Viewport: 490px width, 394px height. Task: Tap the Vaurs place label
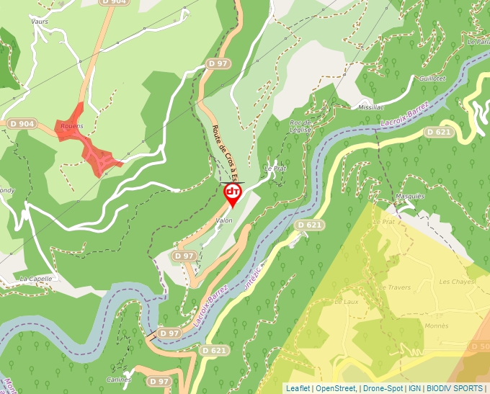tap(39, 22)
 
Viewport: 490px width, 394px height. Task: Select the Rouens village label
tap(72, 126)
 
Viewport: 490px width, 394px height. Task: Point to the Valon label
tap(224, 220)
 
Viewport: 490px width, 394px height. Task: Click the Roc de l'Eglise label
tap(300, 126)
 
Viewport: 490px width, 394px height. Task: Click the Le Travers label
tap(394, 287)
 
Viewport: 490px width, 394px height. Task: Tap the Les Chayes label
tap(456, 282)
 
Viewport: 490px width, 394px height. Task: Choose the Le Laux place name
tap(347, 302)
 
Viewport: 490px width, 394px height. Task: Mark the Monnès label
tap(436, 326)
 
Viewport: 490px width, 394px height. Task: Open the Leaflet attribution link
tap(298, 388)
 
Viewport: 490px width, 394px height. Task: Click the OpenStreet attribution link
tap(336, 388)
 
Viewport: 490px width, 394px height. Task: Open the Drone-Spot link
tap(383, 388)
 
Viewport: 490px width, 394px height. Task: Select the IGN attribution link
tap(414, 388)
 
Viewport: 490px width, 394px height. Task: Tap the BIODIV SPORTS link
tap(455, 388)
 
